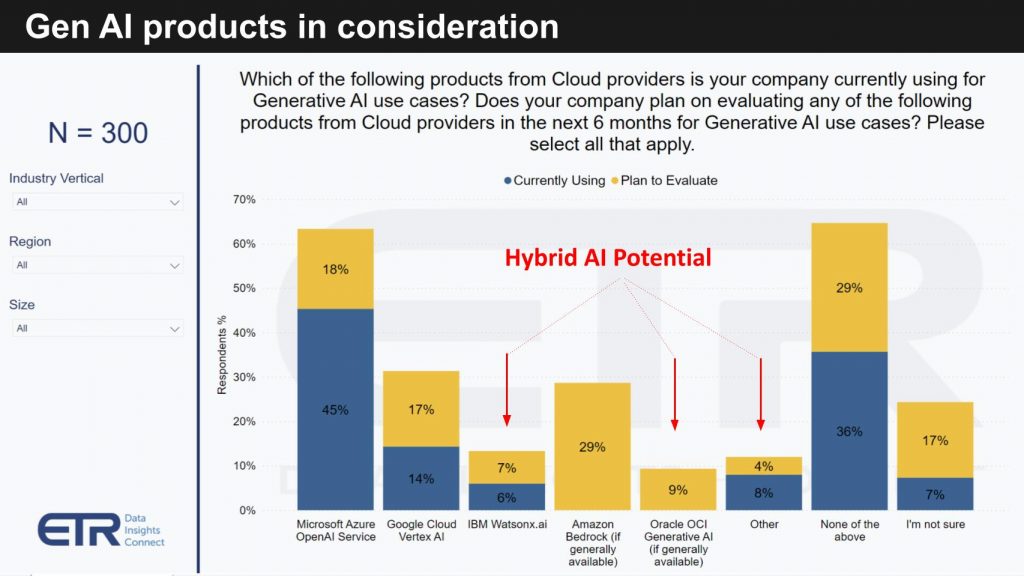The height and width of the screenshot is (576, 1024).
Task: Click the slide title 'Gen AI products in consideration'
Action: [292, 27]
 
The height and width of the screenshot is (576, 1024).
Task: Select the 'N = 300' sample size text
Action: [98, 132]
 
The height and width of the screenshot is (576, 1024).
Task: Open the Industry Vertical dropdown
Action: [97, 202]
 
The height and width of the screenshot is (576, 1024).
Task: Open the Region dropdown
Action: [97, 265]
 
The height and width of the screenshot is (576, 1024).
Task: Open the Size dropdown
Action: [97, 328]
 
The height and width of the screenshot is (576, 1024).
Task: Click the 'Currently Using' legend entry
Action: [555, 180]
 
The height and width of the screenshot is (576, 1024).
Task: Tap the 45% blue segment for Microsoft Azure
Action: [335, 409]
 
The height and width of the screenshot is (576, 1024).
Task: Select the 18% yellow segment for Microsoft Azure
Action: [335, 269]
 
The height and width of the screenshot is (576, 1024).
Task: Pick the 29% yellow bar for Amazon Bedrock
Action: [592, 446]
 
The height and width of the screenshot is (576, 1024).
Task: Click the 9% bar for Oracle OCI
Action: [678, 490]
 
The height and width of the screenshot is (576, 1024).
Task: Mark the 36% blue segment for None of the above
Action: [849, 431]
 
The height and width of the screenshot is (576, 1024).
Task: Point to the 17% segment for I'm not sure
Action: [935, 440]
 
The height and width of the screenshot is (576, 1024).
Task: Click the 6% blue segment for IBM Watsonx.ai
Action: [507, 497]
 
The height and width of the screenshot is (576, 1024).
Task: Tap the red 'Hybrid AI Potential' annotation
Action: [607, 258]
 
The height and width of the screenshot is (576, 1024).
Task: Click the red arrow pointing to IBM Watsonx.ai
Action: [507, 389]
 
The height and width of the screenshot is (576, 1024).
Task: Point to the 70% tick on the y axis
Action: [244, 200]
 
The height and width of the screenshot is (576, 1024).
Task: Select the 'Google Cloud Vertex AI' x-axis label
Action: [421, 531]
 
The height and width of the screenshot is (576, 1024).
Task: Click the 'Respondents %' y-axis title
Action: [222, 354]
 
